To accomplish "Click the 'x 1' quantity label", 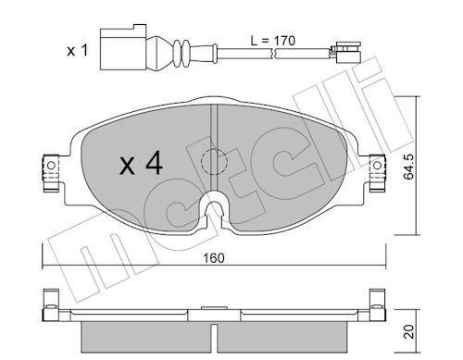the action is [78, 51].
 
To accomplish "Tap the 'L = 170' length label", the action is [273, 41].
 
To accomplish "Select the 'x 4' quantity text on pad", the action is [141, 165].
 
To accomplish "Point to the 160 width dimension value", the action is [214, 258].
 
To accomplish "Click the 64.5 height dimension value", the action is [409, 167].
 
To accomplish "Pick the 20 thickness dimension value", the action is [409, 331].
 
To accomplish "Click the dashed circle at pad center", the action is [214, 162].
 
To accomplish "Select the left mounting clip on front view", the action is [51, 173].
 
